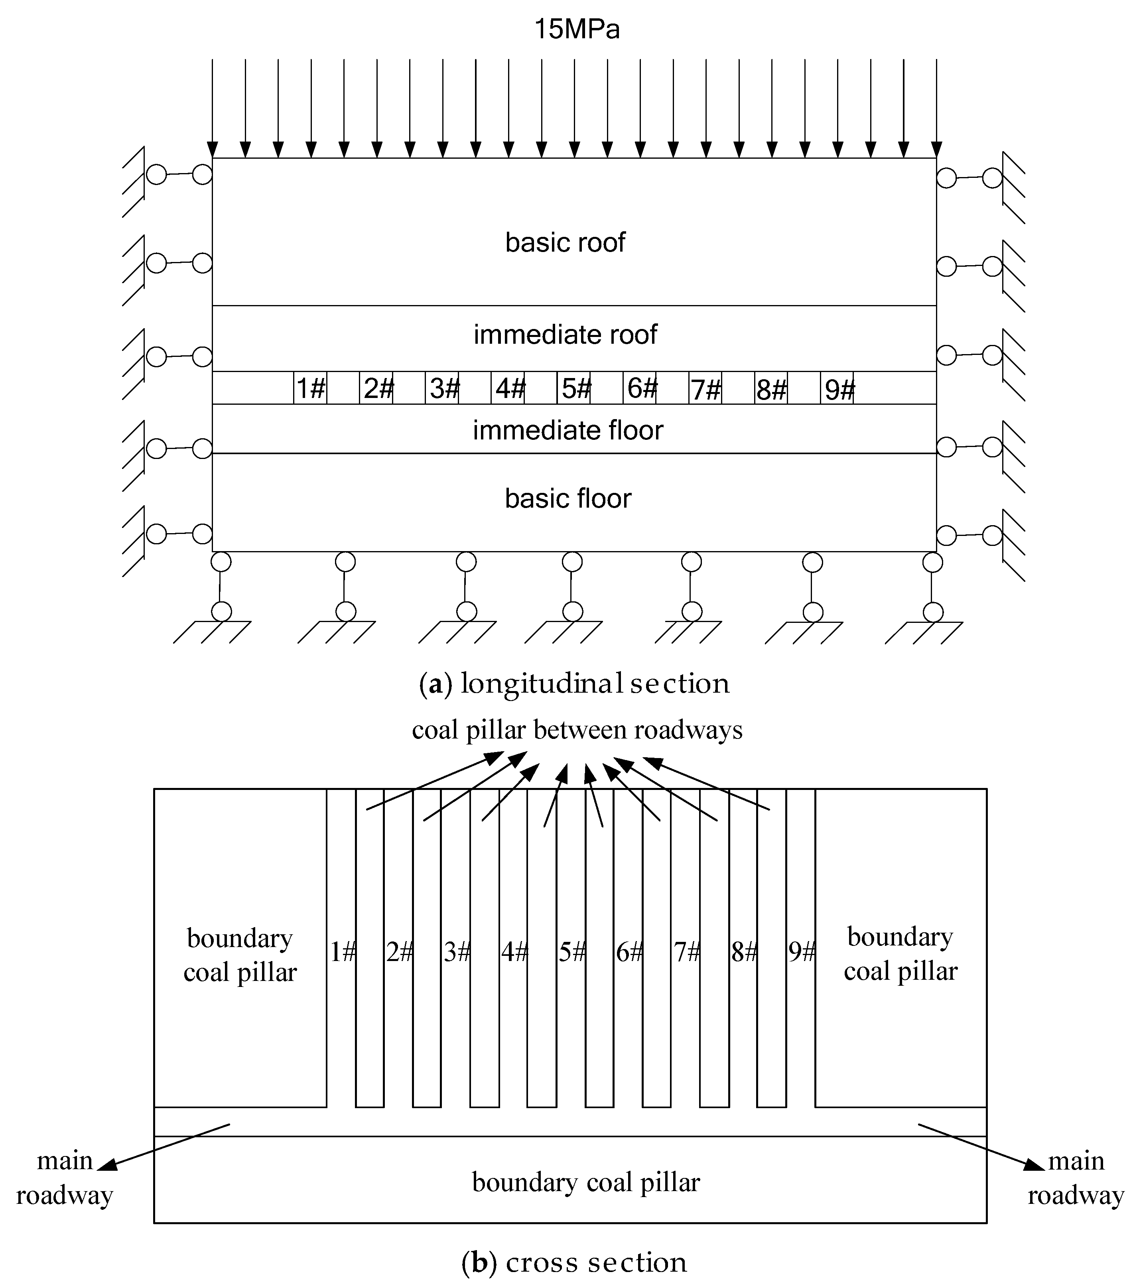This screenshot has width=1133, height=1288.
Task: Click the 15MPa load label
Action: [x=577, y=29]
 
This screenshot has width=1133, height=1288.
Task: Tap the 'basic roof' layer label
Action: [x=565, y=242]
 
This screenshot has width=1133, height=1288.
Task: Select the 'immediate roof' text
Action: [x=565, y=335]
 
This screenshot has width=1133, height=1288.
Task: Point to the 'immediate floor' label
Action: [x=568, y=430]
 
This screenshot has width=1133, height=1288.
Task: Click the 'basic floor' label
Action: [x=568, y=498]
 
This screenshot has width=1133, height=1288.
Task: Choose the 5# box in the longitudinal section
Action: [x=573, y=388]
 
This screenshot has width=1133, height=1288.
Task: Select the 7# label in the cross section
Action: [x=687, y=952]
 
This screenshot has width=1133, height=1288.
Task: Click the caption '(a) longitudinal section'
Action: [x=574, y=684]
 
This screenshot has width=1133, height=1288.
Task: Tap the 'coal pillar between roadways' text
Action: [x=577, y=730]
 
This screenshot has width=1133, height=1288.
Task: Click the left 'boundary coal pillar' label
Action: [x=240, y=955]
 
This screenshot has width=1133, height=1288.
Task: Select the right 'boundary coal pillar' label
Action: [x=900, y=954]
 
